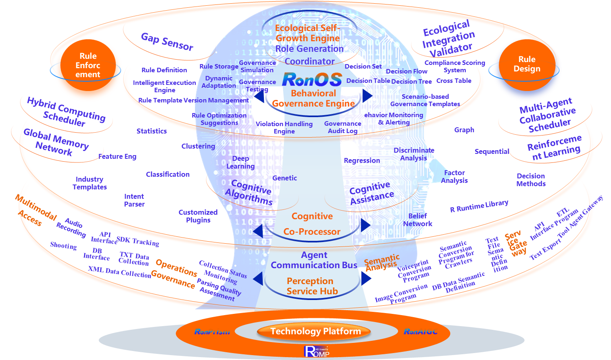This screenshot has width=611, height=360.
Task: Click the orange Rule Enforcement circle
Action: pos(88,66)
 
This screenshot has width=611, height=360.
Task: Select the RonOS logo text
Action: pos(312,80)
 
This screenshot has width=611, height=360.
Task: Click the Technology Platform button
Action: pos(315,331)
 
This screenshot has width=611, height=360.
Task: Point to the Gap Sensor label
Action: pos(167,42)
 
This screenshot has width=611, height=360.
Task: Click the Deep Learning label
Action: pos(241,162)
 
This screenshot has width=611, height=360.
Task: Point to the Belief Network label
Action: pos(417,220)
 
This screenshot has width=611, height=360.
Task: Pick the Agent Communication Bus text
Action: pos(314,260)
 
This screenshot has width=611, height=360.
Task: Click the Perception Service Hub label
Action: pos(311,286)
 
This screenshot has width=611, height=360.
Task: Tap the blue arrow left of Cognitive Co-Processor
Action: pos(258,231)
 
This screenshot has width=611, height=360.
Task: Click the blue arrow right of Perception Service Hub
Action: pos(366,278)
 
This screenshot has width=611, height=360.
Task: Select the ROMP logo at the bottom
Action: pos(316,351)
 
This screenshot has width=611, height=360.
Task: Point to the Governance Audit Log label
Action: pos(343,127)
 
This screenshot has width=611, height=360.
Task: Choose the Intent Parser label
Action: pos(134,200)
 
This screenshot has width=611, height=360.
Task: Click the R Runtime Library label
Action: pos(479,207)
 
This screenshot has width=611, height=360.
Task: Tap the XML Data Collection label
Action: pos(120,272)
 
